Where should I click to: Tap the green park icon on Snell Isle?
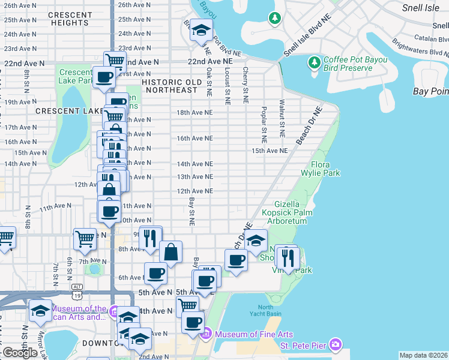tap(275, 19)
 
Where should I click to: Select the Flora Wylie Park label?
tap(325, 169)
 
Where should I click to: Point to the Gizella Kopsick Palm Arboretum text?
tap(291, 212)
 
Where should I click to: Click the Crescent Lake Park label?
tap(76, 76)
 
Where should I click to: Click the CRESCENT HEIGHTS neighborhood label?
tap(70, 19)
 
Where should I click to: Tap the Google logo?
tap(20, 352)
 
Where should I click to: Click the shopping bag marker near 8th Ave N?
tap(171, 252)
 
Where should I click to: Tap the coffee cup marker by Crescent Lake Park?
tap(104, 77)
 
